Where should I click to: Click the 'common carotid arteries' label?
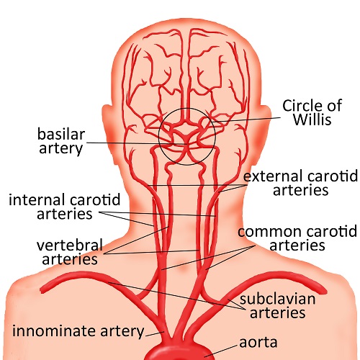pyautogui.click(x=297, y=239)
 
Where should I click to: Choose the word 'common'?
pyautogui.click(x=265, y=232)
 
